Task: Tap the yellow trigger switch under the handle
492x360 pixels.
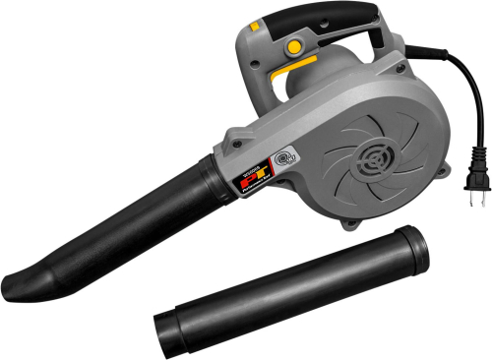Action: tap(301, 64)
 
